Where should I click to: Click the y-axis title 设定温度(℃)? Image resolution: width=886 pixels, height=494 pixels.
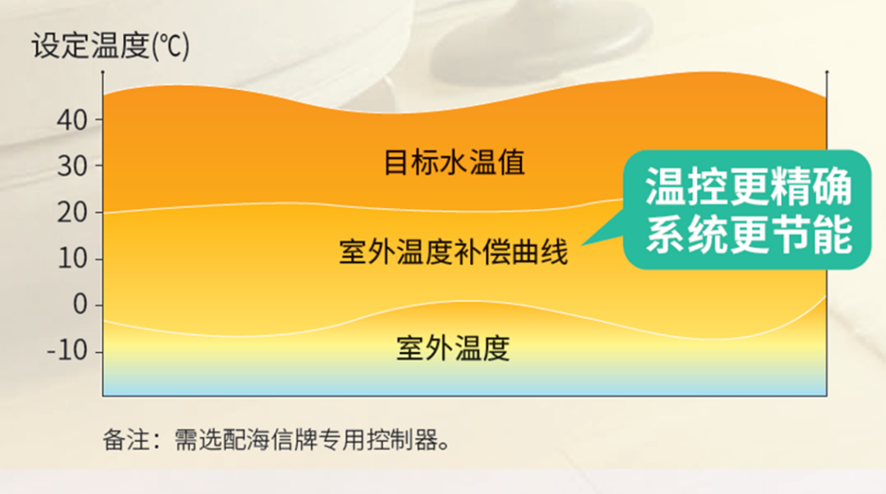click(x=111, y=45)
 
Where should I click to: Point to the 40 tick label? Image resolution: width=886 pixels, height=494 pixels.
click(x=72, y=120)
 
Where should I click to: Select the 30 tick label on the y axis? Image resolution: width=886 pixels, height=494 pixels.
click(x=72, y=166)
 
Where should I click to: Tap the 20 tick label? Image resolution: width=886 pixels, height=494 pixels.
click(x=72, y=213)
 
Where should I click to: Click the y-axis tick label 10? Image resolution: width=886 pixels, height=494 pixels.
click(x=72, y=259)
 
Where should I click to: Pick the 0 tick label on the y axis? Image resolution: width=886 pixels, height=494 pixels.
click(x=80, y=306)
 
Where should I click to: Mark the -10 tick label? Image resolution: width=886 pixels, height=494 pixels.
click(x=67, y=351)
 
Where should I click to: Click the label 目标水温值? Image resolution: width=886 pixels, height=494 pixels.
click(x=454, y=162)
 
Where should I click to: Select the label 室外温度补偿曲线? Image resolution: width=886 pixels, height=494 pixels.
click(x=453, y=252)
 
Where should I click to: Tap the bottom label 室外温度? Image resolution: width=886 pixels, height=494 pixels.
click(x=453, y=348)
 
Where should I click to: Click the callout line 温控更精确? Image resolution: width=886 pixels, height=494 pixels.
click(x=749, y=186)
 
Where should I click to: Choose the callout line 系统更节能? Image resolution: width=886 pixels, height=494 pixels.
click(x=749, y=234)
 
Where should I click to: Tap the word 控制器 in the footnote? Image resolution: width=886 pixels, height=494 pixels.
click(x=402, y=440)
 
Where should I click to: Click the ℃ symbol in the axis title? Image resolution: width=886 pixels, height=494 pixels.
click(x=172, y=46)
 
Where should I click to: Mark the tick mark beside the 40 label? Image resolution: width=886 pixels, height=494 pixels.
click(x=99, y=120)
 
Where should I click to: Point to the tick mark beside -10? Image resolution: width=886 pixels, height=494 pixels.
click(x=99, y=351)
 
